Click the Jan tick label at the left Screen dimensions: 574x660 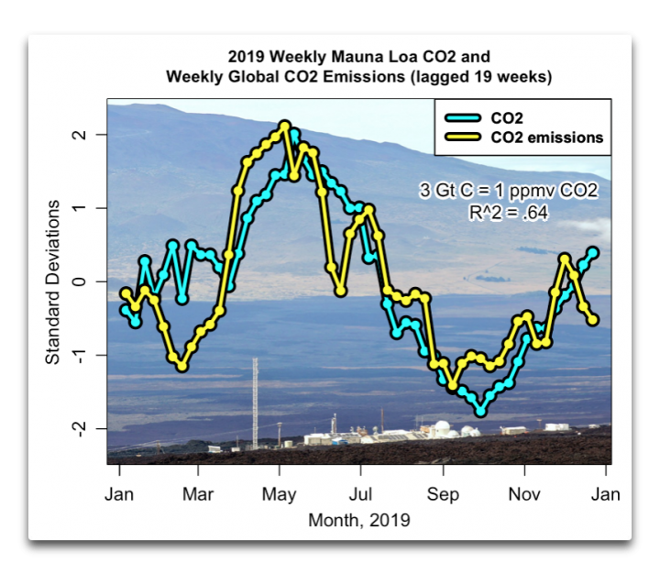coord(119,494)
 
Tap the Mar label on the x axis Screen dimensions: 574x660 coord(199,494)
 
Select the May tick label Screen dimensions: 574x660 coord(279,494)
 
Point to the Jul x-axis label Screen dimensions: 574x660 coord(360,494)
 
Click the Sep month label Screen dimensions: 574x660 coord(443,494)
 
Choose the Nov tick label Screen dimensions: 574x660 coord(524,494)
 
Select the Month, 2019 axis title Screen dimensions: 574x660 coord(359,520)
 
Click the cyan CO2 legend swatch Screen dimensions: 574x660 coord(461,117)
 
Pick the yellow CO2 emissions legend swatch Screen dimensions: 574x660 coord(461,138)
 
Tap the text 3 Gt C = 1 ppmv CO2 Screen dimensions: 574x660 coord(509,192)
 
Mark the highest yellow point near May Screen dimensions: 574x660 coord(284,126)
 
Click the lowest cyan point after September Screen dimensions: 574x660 coord(480,412)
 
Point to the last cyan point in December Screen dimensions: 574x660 coord(593,251)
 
